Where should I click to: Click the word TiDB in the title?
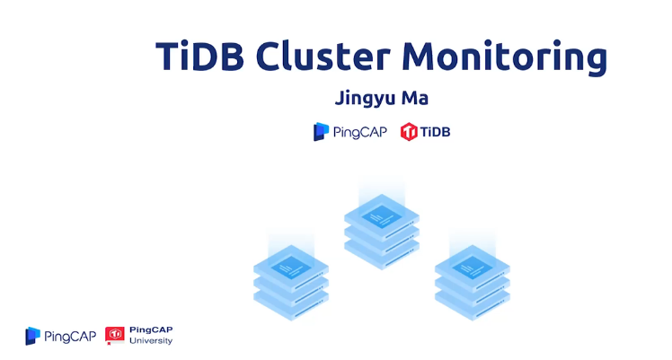[x=199, y=56]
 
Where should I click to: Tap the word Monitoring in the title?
[x=504, y=57]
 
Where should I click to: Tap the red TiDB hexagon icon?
[x=410, y=132]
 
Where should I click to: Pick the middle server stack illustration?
[x=382, y=229]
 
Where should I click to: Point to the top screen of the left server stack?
[x=290, y=264]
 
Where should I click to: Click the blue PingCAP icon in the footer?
[x=33, y=336]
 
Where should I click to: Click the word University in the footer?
[x=151, y=341]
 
